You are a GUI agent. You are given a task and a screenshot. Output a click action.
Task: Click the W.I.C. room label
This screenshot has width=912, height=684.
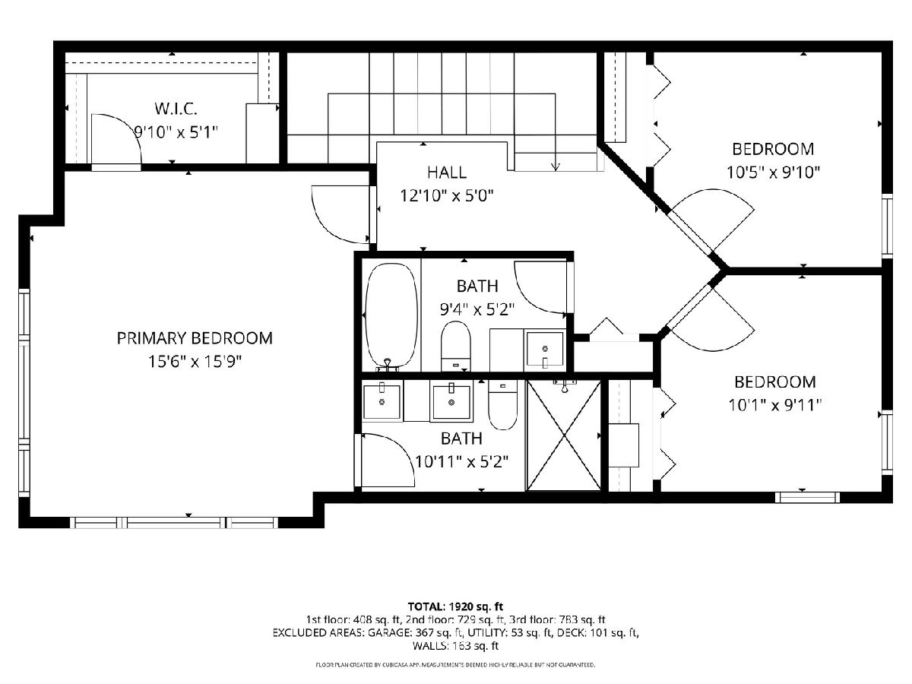[x=176, y=109]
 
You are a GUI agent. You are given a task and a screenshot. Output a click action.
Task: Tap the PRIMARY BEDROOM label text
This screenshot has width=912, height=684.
[x=195, y=338]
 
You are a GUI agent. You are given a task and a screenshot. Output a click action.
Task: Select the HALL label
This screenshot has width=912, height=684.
[x=447, y=173]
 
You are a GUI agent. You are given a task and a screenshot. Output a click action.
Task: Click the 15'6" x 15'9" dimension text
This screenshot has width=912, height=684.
[x=195, y=362]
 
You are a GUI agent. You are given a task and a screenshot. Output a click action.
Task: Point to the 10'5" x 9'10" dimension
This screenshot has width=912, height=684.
[x=773, y=173]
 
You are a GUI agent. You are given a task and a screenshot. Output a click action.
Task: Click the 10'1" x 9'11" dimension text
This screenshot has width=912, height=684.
[x=775, y=405]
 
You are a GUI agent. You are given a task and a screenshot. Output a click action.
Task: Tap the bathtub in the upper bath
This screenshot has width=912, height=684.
[x=391, y=315]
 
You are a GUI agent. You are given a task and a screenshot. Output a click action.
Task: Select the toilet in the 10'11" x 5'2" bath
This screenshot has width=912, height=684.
[x=502, y=405]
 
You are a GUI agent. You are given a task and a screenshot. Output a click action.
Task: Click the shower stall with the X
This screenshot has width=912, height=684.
[x=563, y=435]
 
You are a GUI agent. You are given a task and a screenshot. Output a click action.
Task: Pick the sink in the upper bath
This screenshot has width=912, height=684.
[x=545, y=350]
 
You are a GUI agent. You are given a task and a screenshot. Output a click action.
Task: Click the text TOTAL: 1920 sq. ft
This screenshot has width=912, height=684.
[x=455, y=606]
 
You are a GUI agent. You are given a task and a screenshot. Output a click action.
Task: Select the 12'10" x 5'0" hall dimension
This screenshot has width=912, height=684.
[x=447, y=195]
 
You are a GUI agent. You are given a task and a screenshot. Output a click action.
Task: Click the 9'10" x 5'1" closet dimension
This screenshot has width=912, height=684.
[x=176, y=132]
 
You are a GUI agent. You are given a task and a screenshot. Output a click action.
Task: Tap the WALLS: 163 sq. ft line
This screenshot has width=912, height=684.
[x=455, y=646]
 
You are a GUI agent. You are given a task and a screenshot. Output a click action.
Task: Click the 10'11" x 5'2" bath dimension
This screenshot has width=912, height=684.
[x=461, y=461]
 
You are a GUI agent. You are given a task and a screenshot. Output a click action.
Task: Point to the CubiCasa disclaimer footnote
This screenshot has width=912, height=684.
[x=455, y=665]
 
